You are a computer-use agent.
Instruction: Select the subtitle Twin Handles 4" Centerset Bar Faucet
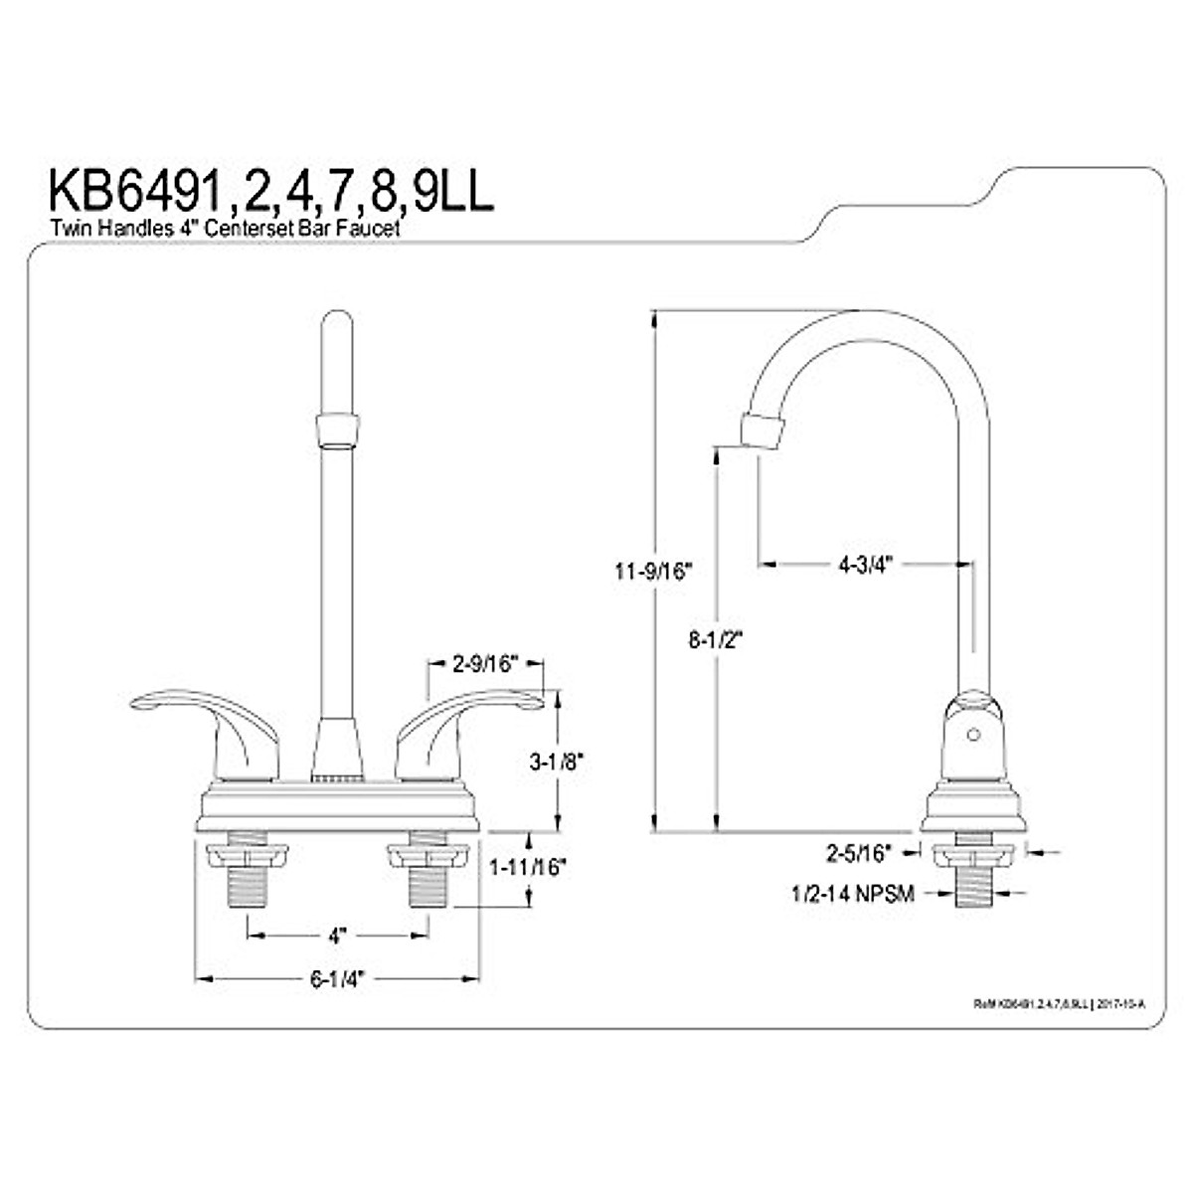click(224, 229)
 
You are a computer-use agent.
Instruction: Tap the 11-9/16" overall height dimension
click(651, 572)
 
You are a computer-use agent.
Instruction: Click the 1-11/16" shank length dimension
click(527, 867)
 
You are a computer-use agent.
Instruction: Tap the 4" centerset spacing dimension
click(337, 936)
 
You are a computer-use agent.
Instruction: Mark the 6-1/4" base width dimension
click(337, 979)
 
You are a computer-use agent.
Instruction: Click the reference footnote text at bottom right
click(1059, 1004)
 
